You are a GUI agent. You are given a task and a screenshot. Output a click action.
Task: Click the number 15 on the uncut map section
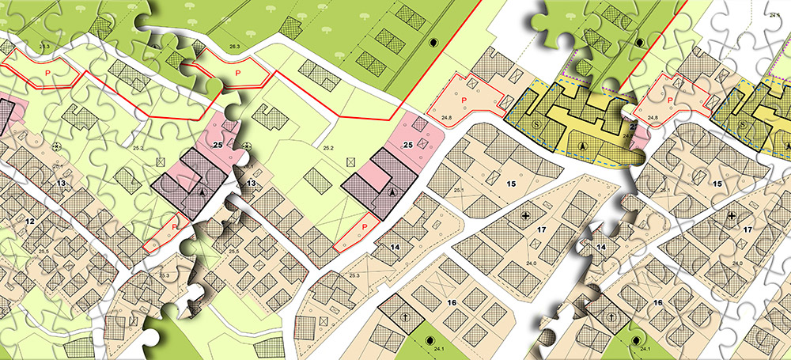[x=511, y=184]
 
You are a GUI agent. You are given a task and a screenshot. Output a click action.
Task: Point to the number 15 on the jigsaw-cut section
[x=717, y=184]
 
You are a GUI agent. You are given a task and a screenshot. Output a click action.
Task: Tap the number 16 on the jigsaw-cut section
[x=657, y=303]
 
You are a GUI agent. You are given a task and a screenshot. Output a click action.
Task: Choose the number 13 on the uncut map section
[x=252, y=184]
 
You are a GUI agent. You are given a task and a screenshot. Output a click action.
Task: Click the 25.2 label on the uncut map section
[x=328, y=147]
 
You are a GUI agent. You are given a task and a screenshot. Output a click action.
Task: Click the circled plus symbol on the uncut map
[x=525, y=214]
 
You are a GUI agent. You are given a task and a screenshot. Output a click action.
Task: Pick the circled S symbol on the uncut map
[x=537, y=124]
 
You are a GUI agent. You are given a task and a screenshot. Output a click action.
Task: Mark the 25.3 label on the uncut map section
[x=354, y=275]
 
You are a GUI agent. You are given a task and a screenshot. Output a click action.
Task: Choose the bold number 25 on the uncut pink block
[x=408, y=144]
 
